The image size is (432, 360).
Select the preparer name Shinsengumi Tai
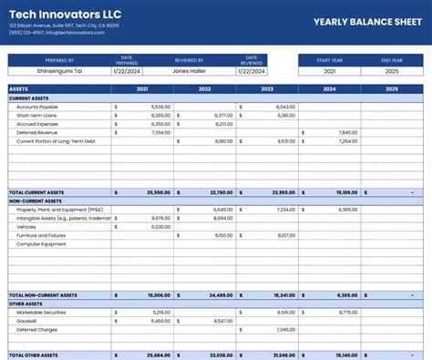click(x=57, y=70)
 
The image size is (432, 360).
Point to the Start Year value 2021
click(x=329, y=70)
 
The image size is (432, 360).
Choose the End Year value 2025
click(x=392, y=70)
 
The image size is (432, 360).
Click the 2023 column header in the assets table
click(x=267, y=89)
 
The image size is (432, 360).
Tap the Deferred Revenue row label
click(x=37, y=133)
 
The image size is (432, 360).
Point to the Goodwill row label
click(x=27, y=321)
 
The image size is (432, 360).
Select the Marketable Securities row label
click(x=41, y=313)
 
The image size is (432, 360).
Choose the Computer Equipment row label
click(x=41, y=244)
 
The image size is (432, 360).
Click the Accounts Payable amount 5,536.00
click(x=160, y=107)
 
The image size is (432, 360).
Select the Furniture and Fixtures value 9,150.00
click(x=223, y=235)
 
